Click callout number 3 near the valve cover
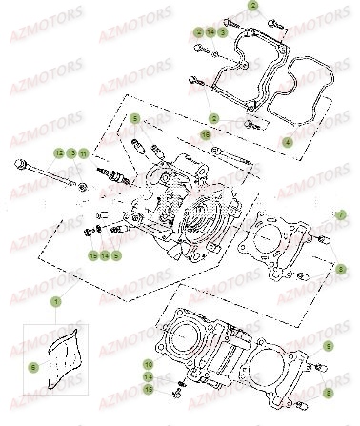click(222, 31)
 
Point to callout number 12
click(58, 153)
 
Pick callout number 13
click(70, 153)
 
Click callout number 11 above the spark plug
click(83, 153)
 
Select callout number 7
click(336, 215)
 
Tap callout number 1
click(55, 302)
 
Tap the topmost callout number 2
click(227, 7)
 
